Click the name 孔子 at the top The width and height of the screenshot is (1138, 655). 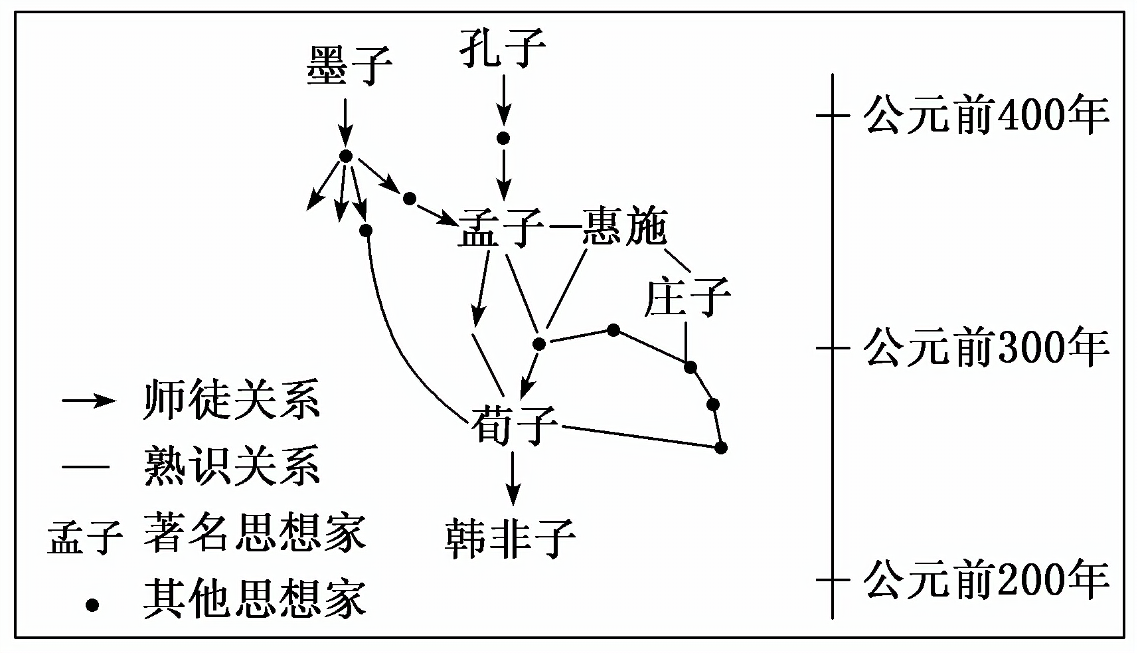click(503, 48)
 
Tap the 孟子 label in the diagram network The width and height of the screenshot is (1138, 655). click(500, 228)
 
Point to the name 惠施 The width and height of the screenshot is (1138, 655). click(623, 228)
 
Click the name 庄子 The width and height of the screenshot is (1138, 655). click(687, 297)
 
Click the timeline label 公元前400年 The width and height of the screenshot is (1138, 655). click(986, 116)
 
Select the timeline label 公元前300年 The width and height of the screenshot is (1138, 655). click(986, 347)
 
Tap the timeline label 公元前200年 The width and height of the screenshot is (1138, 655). click(986, 579)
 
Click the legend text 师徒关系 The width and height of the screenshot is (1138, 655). click(232, 401)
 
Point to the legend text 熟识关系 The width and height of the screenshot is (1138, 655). click(232, 466)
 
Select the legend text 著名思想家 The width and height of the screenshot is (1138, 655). click(254, 532)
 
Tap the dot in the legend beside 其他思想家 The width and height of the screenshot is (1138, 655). click(92, 605)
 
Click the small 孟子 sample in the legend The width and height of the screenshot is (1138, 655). click(85, 537)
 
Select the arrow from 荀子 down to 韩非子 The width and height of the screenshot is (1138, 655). click(512, 478)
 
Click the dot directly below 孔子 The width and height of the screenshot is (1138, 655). click(503, 138)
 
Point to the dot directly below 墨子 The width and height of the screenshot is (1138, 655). click(345, 156)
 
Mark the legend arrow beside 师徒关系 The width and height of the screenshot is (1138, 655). click(89, 401)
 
